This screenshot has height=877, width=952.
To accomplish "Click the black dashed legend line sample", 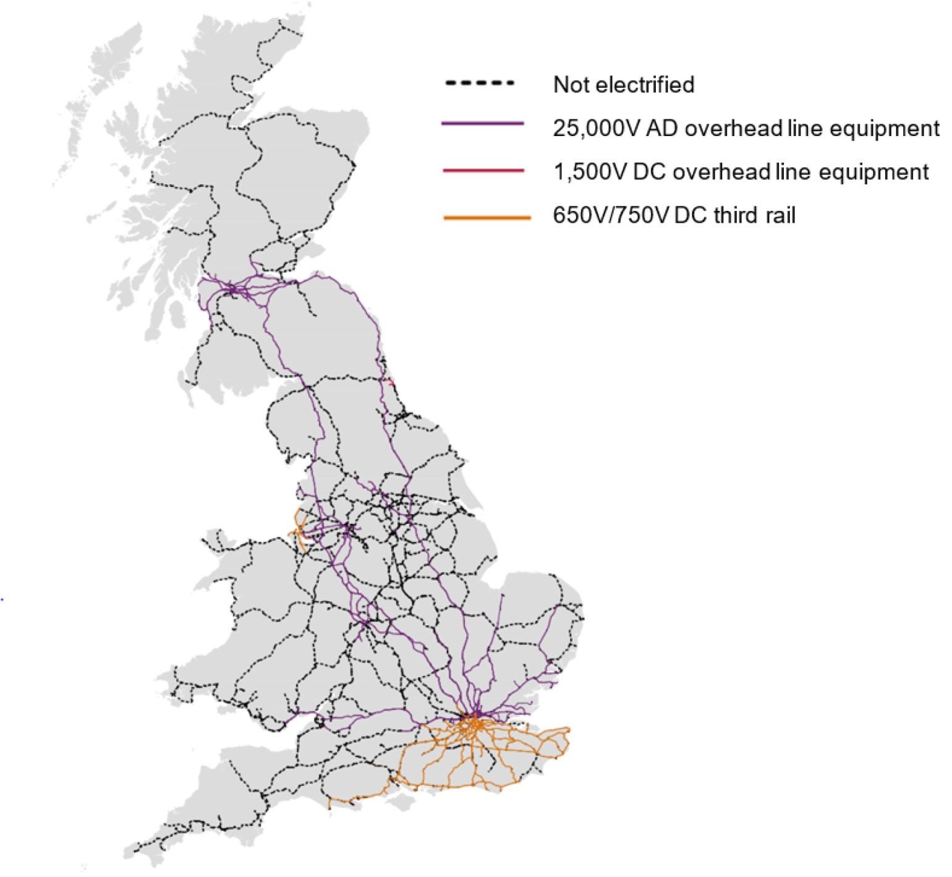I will click(x=480, y=83).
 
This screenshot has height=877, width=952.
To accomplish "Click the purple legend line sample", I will click(x=483, y=124).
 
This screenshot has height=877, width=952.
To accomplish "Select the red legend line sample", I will click(x=484, y=170).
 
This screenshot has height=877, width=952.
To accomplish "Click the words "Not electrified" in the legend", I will click(x=624, y=84).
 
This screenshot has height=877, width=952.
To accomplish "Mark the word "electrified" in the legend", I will click(x=659, y=84).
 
